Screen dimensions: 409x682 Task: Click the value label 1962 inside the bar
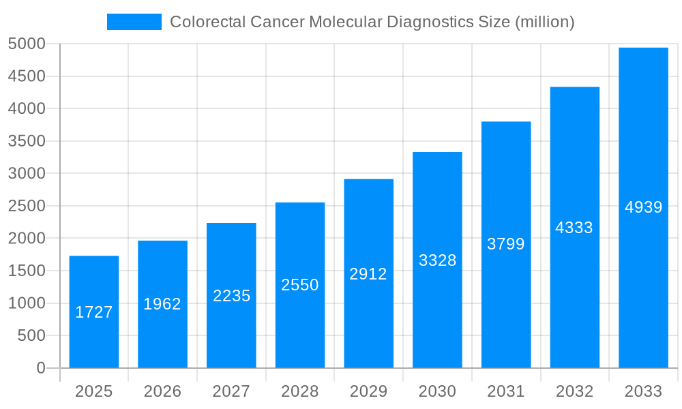tap(162, 304)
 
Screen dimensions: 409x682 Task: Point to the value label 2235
tap(231, 296)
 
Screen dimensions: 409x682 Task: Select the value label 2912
tap(368, 274)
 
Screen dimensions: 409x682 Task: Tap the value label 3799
tap(506, 244)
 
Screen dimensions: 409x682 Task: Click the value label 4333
tap(574, 228)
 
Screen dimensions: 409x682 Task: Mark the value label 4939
tap(643, 207)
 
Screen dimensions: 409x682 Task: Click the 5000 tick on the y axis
tap(27, 44)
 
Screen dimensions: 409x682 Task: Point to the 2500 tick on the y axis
tap(27, 206)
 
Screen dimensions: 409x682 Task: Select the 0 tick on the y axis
tap(40, 368)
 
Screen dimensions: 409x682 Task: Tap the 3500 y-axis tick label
tap(27, 141)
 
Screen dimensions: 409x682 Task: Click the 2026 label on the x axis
tap(162, 391)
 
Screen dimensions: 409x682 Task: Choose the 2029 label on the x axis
tap(368, 391)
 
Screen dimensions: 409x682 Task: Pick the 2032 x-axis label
tap(574, 391)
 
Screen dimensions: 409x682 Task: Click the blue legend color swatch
tap(134, 22)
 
